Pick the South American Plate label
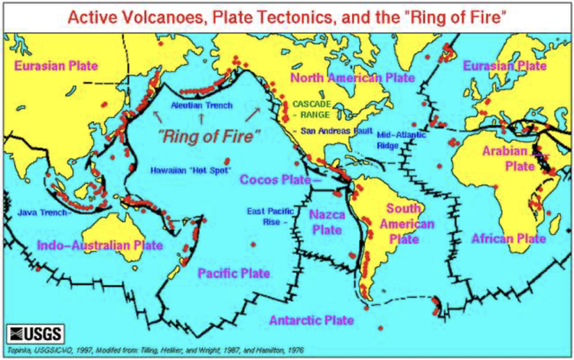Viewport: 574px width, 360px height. click(x=411, y=224)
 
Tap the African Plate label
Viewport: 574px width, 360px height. click(x=508, y=239)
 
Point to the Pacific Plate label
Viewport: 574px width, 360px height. click(x=233, y=273)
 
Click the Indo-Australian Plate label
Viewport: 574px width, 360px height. click(x=100, y=245)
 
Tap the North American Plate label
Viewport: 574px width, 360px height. click(x=351, y=78)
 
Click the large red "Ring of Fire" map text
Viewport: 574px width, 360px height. click(x=209, y=136)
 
